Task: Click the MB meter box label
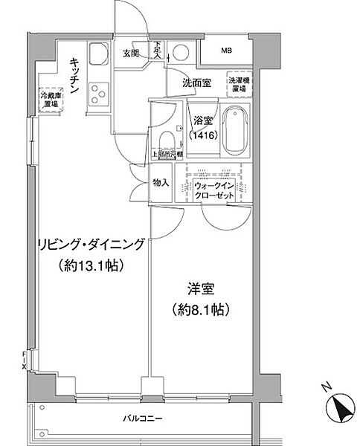click(x=227, y=51)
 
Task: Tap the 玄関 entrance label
click(x=132, y=52)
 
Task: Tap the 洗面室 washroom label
click(x=196, y=83)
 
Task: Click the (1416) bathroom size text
click(x=204, y=134)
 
